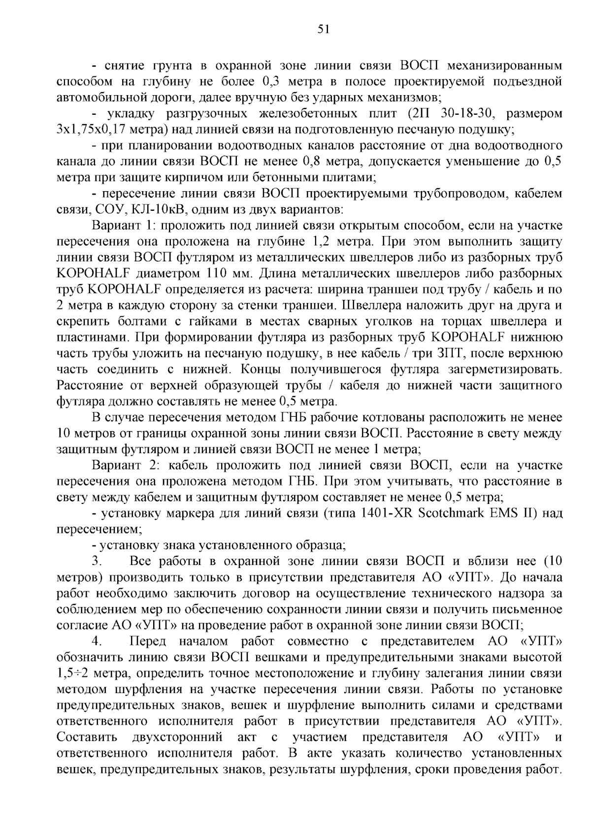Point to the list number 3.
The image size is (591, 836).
97,561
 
